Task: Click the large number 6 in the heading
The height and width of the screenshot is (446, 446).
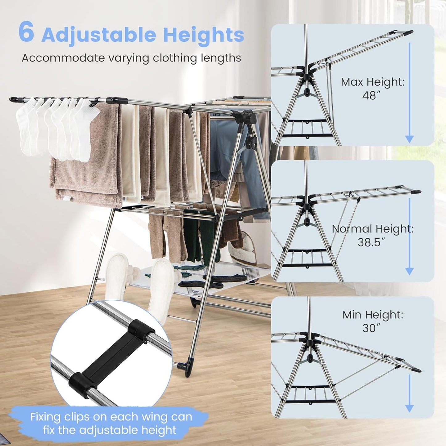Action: [x=26, y=32]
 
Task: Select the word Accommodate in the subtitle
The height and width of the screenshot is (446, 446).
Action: [x=63, y=58]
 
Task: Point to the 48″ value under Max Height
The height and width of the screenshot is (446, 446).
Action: [x=369, y=96]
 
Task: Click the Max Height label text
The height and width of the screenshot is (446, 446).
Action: [x=373, y=82]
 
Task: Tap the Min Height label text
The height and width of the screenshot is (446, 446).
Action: [x=373, y=315]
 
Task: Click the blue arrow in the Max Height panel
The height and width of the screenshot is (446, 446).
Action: [x=409, y=93]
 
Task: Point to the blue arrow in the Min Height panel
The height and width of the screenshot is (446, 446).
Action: [x=409, y=394]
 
